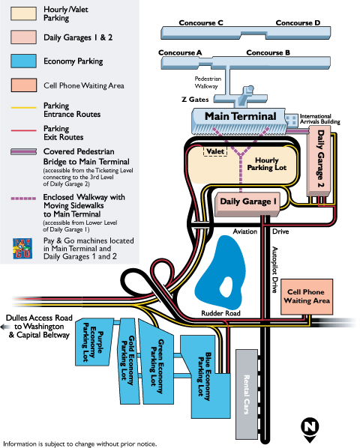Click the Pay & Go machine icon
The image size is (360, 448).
[22, 249]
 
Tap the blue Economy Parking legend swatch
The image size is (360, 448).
[23, 61]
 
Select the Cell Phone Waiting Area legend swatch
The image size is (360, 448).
[24, 85]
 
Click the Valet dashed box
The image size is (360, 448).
[215, 151]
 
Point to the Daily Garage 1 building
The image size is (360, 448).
[247, 205]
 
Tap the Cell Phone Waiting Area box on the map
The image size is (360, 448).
[307, 297]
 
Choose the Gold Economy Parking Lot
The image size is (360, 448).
[129, 361]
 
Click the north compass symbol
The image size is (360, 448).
[310, 429]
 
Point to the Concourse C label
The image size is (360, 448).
[201, 23]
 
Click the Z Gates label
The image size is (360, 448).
[195, 100]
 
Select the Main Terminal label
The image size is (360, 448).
[241, 116]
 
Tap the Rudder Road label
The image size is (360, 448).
[220, 313]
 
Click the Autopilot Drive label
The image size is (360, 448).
[274, 270]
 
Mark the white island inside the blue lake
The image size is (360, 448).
[226, 287]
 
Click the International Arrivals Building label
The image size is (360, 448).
[320, 119]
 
